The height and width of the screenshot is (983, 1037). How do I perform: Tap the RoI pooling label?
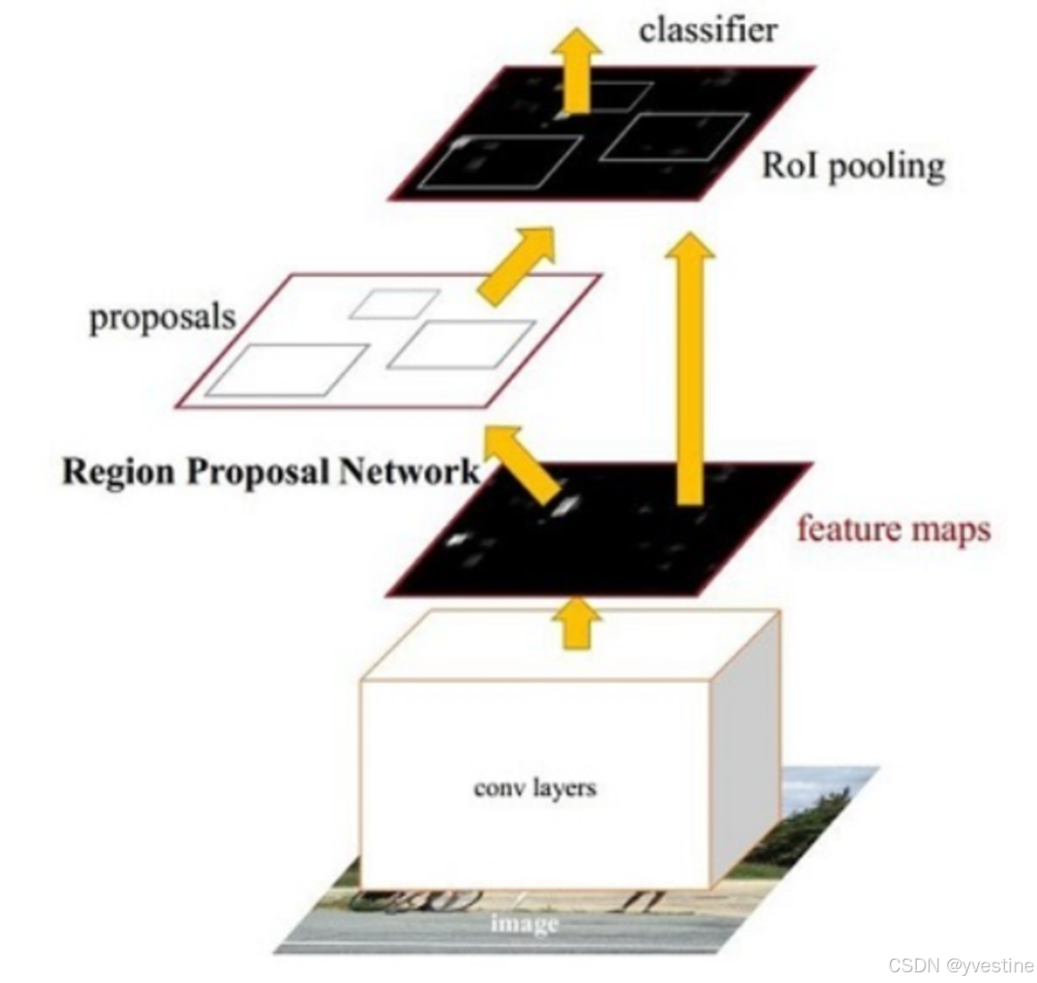[852, 166]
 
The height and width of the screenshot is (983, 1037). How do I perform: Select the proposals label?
[162, 318]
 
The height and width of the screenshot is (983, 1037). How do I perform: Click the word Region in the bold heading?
[118, 470]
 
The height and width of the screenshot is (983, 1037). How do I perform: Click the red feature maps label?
[893, 528]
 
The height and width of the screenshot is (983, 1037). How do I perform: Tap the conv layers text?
[535, 787]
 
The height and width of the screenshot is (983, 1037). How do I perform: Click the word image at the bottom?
[524, 923]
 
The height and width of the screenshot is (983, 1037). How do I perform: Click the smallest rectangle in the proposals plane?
[394, 304]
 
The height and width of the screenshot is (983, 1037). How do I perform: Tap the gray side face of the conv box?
[746, 748]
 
